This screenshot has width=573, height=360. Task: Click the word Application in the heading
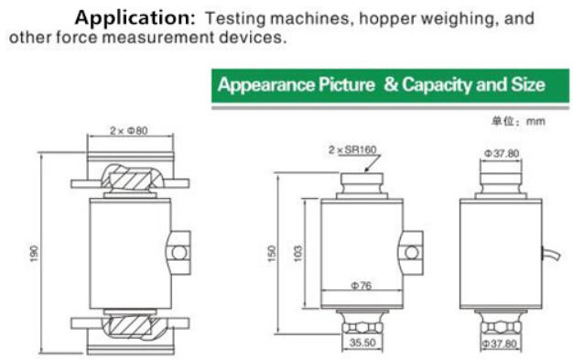(135, 17)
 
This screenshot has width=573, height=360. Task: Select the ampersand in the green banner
(391, 84)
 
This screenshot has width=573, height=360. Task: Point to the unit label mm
(535, 121)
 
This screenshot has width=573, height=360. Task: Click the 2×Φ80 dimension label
(129, 131)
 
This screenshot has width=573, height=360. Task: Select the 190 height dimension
(34, 253)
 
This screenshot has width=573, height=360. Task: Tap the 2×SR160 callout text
(352, 149)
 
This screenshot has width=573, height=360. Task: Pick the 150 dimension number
(272, 253)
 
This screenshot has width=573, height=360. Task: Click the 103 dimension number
(298, 253)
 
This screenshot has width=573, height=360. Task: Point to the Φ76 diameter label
(362, 285)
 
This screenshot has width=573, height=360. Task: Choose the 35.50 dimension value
(362, 343)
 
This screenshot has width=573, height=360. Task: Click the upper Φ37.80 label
(502, 153)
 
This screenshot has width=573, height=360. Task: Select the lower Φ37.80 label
(500, 344)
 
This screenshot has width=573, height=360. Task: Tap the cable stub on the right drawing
(551, 254)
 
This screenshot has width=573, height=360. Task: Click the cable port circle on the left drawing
(179, 253)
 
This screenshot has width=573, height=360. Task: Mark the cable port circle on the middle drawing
(412, 253)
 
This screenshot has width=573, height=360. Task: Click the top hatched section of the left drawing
(131, 179)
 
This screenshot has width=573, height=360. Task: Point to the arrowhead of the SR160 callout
(366, 169)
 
